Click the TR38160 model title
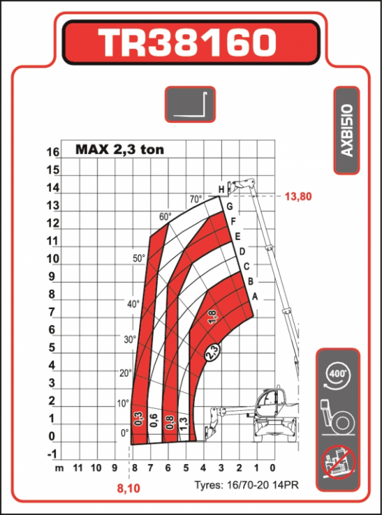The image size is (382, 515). click(190, 42)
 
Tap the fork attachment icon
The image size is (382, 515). click(190, 104)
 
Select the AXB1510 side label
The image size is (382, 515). click(347, 130)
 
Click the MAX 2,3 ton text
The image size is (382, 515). click(120, 150)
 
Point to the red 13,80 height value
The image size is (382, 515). click(298, 197)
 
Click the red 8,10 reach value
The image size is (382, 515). click(129, 489)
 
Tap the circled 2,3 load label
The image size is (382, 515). click(212, 353)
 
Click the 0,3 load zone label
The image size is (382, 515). click(138, 419)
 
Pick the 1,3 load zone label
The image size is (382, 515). click(184, 422)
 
